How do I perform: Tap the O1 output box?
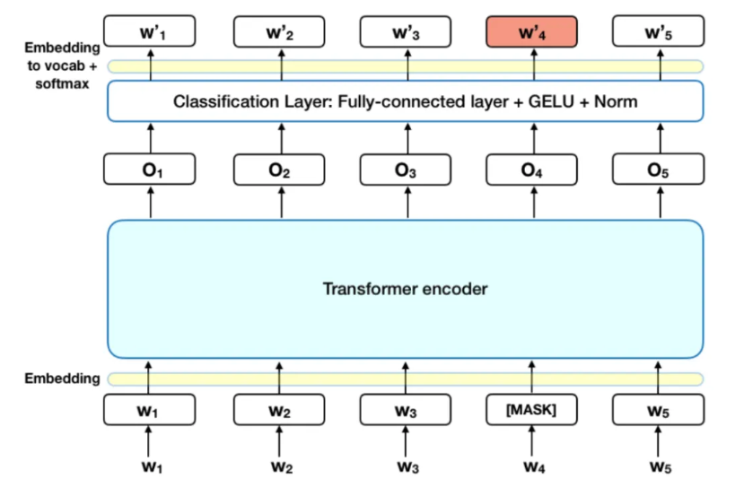[150, 168]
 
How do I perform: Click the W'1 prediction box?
[150, 33]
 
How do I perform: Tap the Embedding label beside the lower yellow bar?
[62, 379]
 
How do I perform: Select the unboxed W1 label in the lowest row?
[150, 466]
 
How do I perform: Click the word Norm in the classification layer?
[617, 101]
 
